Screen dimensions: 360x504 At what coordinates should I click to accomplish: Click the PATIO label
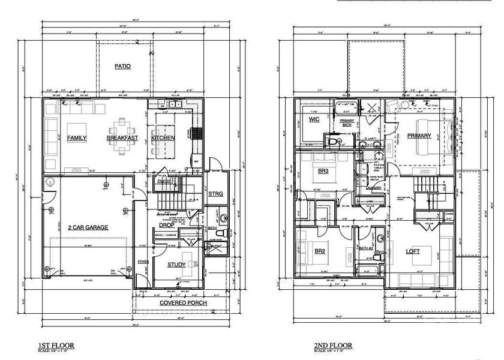pyautogui.click(x=122, y=66)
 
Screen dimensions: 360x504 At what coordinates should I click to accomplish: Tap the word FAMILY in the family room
pyautogui.click(x=77, y=138)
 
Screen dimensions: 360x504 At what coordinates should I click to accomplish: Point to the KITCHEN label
pyautogui.click(x=163, y=138)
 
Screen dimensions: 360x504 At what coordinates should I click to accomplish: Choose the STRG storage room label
pyautogui.click(x=215, y=194)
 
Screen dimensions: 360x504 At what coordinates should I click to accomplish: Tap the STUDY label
pyautogui.click(x=176, y=264)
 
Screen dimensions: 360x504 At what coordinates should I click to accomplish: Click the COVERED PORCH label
pyautogui.click(x=184, y=303)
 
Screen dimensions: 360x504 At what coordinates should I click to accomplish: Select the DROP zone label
pyautogui.click(x=167, y=225)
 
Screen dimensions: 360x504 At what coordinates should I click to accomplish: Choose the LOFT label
pyautogui.click(x=413, y=251)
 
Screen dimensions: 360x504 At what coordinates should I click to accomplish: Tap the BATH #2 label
pyautogui.click(x=367, y=248)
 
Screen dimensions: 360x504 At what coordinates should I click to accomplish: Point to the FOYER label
pyautogui.click(x=142, y=262)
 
